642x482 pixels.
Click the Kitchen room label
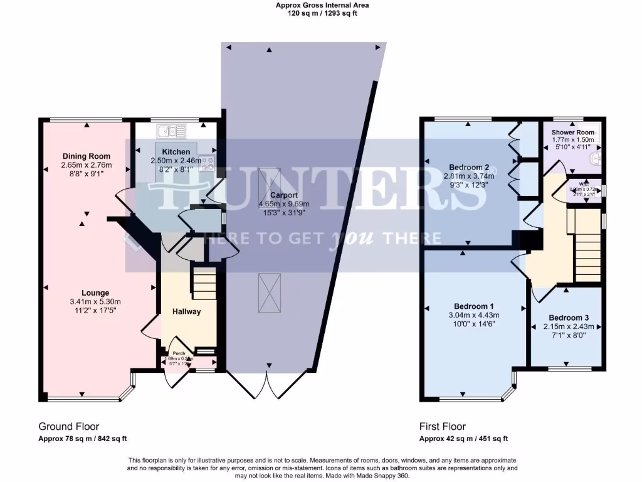click(176, 153)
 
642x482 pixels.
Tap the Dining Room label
click(87, 156)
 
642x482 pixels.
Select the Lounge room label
click(95, 293)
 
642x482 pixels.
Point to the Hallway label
click(187, 311)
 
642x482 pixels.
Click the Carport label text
click(284, 195)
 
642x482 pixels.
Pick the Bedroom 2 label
click(469, 167)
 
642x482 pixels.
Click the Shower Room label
click(573, 133)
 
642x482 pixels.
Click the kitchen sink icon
click(171, 131)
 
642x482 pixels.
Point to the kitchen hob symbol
click(207, 161)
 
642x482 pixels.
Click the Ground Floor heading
click(69, 427)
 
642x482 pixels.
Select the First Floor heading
click(443, 427)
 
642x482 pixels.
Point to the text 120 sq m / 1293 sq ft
click(323, 13)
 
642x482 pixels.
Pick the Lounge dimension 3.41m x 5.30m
click(95, 301)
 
